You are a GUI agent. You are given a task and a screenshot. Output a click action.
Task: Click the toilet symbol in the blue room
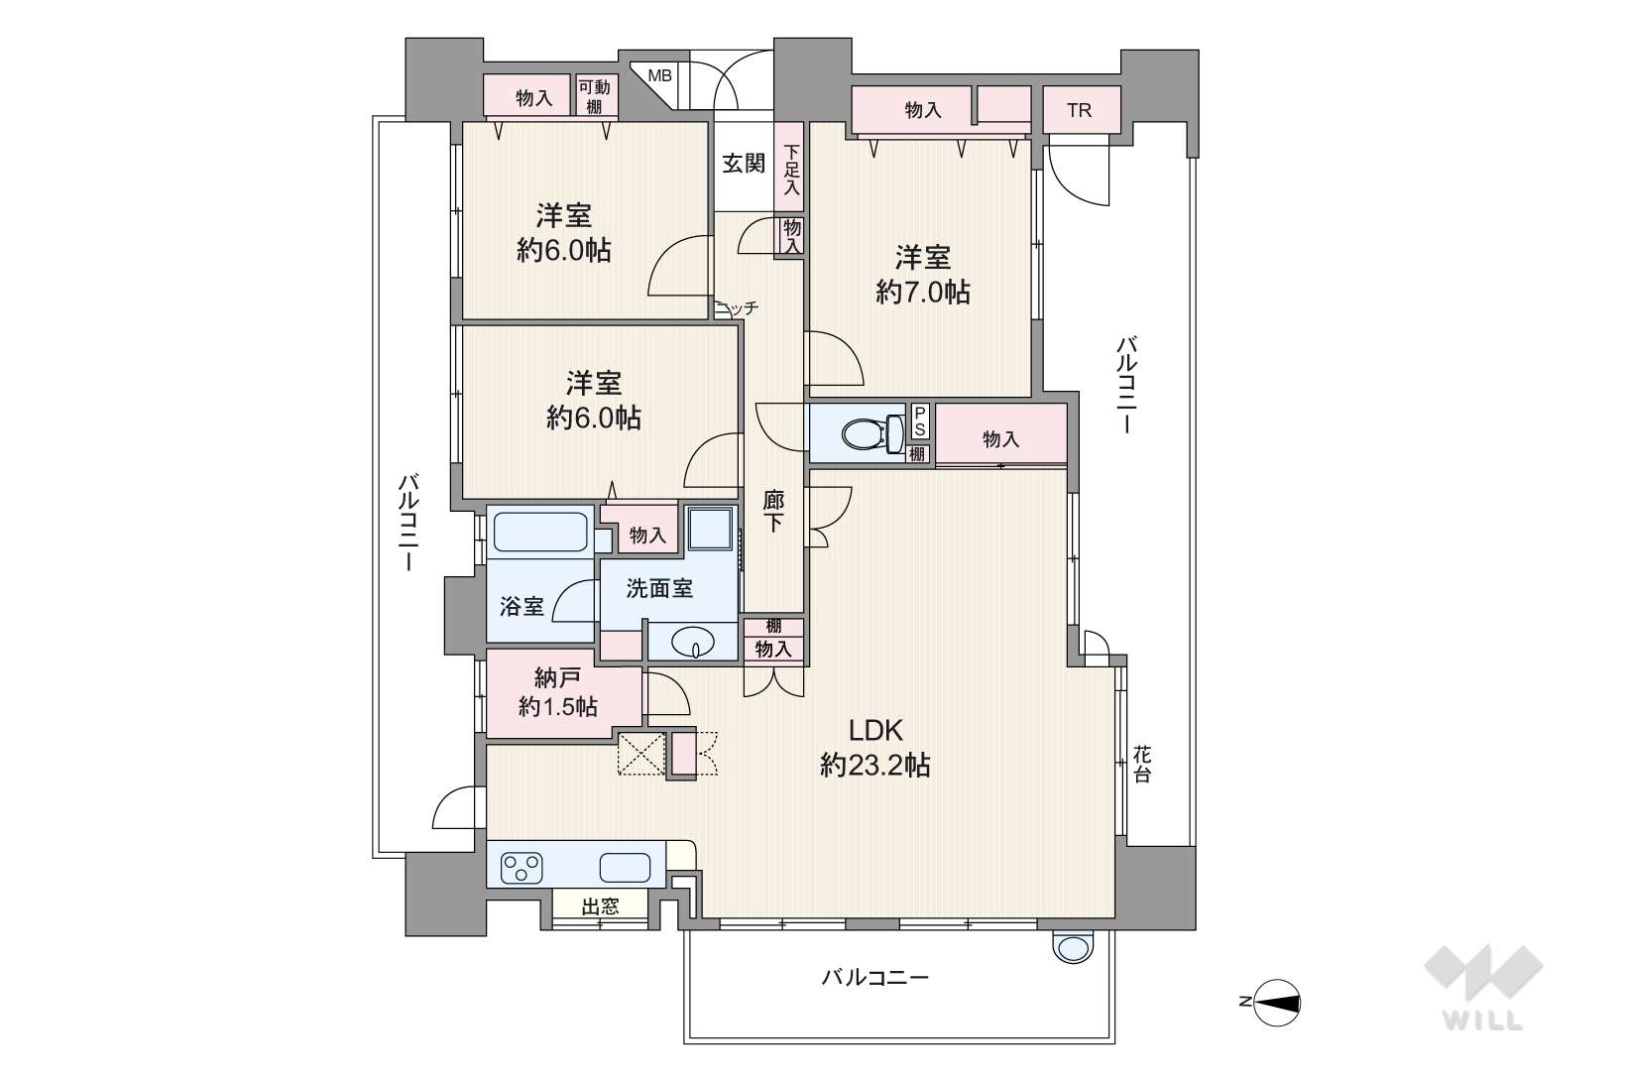point(872,433)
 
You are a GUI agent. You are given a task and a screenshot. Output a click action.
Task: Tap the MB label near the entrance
point(659,75)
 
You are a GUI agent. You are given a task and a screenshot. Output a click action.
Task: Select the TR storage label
point(1079,110)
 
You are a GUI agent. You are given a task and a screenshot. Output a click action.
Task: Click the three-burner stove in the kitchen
point(522,868)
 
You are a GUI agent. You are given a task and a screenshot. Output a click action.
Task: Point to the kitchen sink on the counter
point(625,868)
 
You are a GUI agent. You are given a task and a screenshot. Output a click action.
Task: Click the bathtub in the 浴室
point(540,532)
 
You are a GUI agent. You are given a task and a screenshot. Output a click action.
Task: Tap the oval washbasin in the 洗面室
point(693,642)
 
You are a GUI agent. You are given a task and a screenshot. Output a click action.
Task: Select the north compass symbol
point(1274,1003)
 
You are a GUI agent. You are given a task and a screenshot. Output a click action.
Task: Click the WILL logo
point(1483,987)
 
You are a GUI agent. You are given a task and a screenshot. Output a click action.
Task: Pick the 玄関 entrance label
point(744,164)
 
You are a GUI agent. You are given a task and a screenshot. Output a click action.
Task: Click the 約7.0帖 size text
point(923,293)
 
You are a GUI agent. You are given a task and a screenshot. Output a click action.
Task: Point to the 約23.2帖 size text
point(875,766)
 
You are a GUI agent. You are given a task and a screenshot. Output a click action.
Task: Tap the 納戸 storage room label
point(557,678)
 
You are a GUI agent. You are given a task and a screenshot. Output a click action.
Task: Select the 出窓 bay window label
point(601,906)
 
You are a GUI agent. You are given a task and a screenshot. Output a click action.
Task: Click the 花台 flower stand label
point(1142,764)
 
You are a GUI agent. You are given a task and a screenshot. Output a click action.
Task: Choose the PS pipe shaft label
point(919,422)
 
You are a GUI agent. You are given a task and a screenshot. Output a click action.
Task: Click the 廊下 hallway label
point(773,512)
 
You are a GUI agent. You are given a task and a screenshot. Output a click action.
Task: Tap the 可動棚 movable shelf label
point(594,96)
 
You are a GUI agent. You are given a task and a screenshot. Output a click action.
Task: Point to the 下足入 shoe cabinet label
point(791,171)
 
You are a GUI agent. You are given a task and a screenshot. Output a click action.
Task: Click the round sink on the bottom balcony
point(1072,947)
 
